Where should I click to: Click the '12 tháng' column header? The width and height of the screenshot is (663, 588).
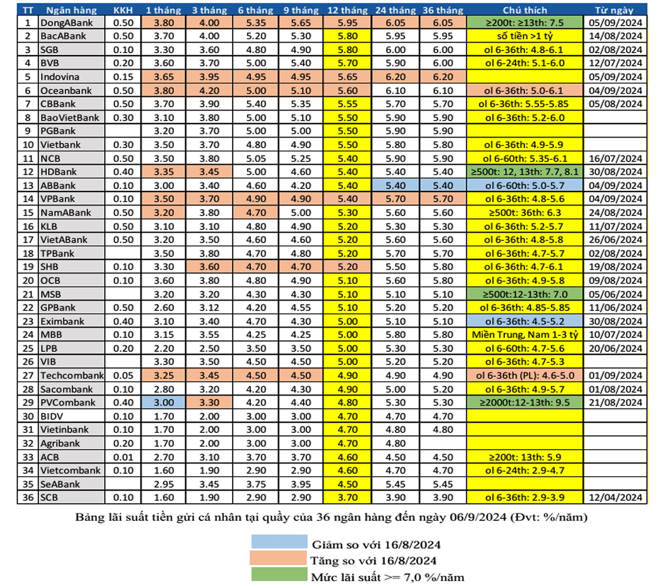click(x=347, y=10)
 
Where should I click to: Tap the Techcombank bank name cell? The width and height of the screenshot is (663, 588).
click(x=71, y=375)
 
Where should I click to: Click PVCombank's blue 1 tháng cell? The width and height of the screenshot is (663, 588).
click(x=164, y=403)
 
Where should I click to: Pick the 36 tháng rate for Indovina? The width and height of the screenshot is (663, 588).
click(x=443, y=77)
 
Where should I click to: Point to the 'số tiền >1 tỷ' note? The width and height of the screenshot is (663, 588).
click(x=525, y=36)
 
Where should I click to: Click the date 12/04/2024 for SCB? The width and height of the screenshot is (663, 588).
click(x=615, y=498)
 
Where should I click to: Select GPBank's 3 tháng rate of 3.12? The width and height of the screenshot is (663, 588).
click(x=209, y=308)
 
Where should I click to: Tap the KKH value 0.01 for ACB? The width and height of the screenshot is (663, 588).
click(x=123, y=457)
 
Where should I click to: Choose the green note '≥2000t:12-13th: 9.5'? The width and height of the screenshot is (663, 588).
click(x=525, y=403)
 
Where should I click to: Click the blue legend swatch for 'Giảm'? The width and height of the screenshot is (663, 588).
click(x=279, y=541)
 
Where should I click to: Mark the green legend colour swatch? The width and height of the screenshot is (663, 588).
click(x=279, y=574)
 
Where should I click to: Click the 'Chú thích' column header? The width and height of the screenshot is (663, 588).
click(x=525, y=10)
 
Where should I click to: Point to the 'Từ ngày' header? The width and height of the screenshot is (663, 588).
click(x=615, y=10)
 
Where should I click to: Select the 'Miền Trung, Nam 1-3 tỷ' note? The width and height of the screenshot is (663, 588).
click(x=525, y=335)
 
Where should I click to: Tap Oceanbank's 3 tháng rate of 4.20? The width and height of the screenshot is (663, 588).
click(x=209, y=90)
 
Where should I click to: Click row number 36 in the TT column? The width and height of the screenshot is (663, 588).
click(x=28, y=498)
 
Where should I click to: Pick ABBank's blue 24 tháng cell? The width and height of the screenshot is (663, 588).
click(x=395, y=185)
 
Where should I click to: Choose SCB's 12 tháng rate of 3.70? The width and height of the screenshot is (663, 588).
click(x=347, y=498)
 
